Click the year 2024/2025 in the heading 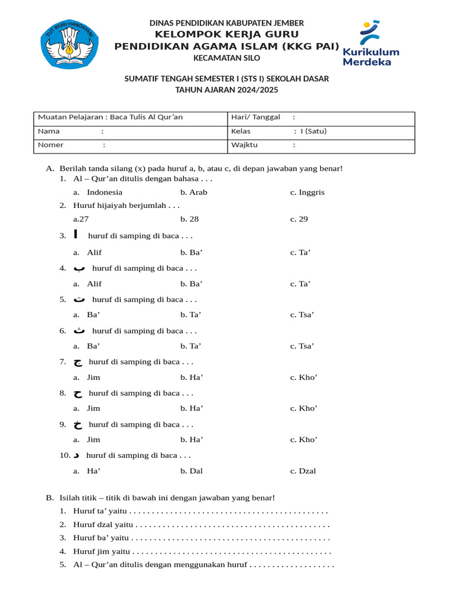pyautogui.click(x=257, y=90)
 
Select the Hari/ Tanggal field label pyautogui.click(x=255, y=117)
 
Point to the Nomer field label pyautogui.click(x=51, y=145)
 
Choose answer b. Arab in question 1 pyautogui.click(x=194, y=192)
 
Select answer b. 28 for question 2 pyautogui.click(x=190, y=219)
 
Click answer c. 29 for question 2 pyautogui.click(x=299, y=219)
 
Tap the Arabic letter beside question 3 pyautogui.click(x=76, y=235)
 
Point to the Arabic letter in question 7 pyautogui.click(x=77, y=362)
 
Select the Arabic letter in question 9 pyautogui.click(x=77, y=424)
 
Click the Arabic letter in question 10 pyautogui.click(x=76, y=456)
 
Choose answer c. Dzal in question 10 pyautogui.click(x=303, y=471)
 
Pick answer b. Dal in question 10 pyautogui.click(x=192, y=471)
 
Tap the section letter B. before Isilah pyautogui.click(x=50, y=498)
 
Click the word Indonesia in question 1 pyautogui.click(x=105, y=192)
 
